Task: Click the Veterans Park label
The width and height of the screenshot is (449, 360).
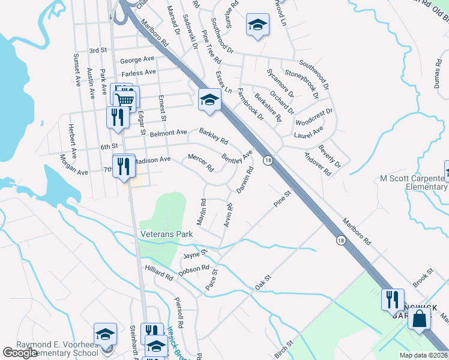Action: pyautogui.click(x=166, y=234)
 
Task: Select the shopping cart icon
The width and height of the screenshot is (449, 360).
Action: pyautogui.click(x=125, y=100)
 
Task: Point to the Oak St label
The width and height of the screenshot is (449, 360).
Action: pyautogui.click(x=264, y=281)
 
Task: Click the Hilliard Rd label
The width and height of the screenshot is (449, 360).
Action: pyautogui.click(x=158, y=278)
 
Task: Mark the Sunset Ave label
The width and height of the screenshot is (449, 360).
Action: pyautogui.click(x=77, y=70)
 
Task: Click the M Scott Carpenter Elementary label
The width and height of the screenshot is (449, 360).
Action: pyautogui.click(x=414, y=182)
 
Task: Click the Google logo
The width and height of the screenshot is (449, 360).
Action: pyautogui.click(x=20, y=353)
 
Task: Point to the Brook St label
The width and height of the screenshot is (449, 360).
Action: pyautogui.click(x=423, y=281)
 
